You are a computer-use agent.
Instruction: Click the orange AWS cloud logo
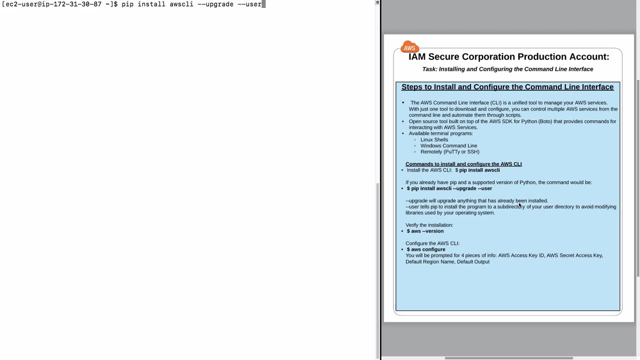click(409, 47)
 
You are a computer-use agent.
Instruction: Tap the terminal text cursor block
click(263, 4)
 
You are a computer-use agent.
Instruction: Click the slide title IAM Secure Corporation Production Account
click(508, 57)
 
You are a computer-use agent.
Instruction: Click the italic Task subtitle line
click(507, 69)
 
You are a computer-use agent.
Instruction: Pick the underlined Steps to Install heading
click(507, 87)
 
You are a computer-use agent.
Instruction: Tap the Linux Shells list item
click(434, 139)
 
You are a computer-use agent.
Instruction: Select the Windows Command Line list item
click(448, 145)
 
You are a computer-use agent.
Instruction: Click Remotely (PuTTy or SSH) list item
click(449, 151)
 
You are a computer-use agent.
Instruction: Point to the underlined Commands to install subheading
click(463, 164)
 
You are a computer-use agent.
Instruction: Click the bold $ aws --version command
click(425, 231)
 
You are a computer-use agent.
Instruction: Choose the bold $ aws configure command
click(426, 249)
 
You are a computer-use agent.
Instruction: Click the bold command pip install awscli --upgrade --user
click(449, 188)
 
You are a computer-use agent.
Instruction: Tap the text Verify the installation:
click(429, 225)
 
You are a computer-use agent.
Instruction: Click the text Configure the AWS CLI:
click(432, 243)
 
